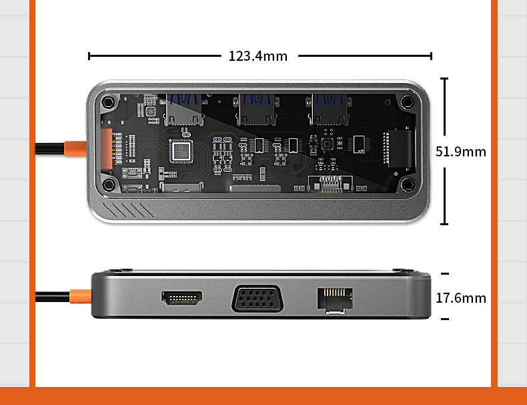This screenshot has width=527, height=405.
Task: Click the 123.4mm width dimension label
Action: pyautogui.click(x=258, y=56)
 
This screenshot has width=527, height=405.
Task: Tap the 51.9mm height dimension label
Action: pyautogui.click(x=461, y=151)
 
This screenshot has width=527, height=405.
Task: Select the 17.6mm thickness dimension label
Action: pyautogui.click(x=461, y=298)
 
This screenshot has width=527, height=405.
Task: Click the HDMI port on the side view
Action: pyautogui.click(x=181, y=297)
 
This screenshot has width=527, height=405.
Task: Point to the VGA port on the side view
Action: pyautogui.click(x=258, y=298)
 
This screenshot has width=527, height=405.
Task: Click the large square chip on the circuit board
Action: pyautogui.click(x=182, y=151)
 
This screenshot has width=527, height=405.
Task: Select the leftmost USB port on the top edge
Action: pyautogui.click(x=183, y=110)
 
